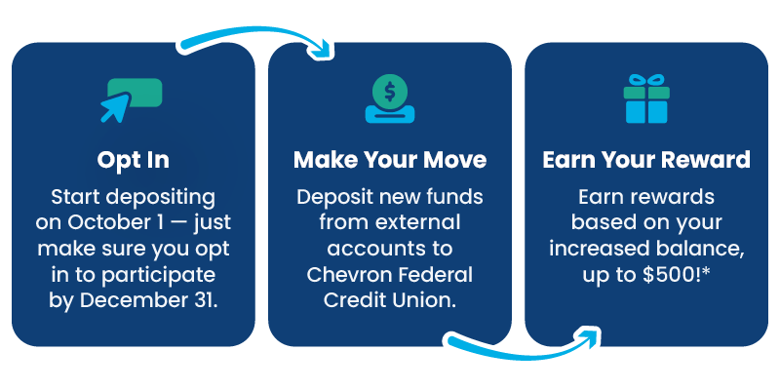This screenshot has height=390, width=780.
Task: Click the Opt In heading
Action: (134, 159)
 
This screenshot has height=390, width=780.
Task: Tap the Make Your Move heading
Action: (390, 159)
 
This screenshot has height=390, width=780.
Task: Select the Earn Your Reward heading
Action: (645, 159)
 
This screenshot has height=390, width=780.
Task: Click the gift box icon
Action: (647, 99)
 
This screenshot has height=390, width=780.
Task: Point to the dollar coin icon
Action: (390, 94)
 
